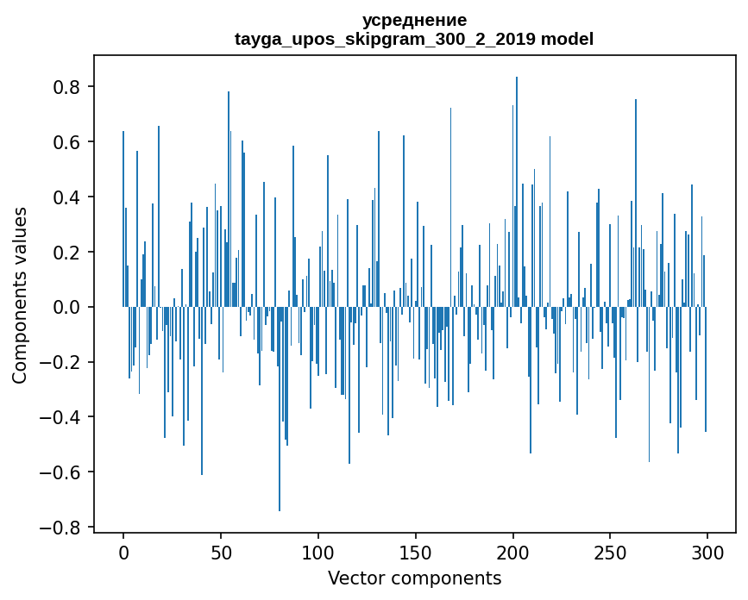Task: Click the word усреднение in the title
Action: click(x=414, y=20)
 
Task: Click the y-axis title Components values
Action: click(x=20, y=295)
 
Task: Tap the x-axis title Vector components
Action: click(x=414, y=578)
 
